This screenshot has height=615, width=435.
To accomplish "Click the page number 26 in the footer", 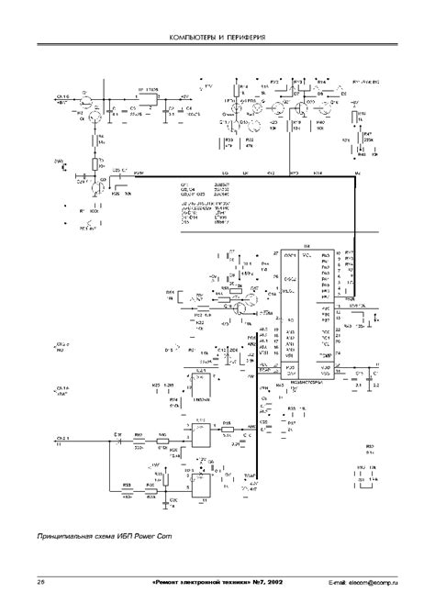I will click(40, 582).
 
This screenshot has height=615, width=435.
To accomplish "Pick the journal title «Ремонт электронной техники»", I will click(206, 582).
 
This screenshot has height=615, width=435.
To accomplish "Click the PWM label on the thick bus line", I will click(138, 172).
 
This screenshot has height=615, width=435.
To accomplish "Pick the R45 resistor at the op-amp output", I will click(227, 423).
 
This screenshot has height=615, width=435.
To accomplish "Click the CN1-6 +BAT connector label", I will click(64, 97).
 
